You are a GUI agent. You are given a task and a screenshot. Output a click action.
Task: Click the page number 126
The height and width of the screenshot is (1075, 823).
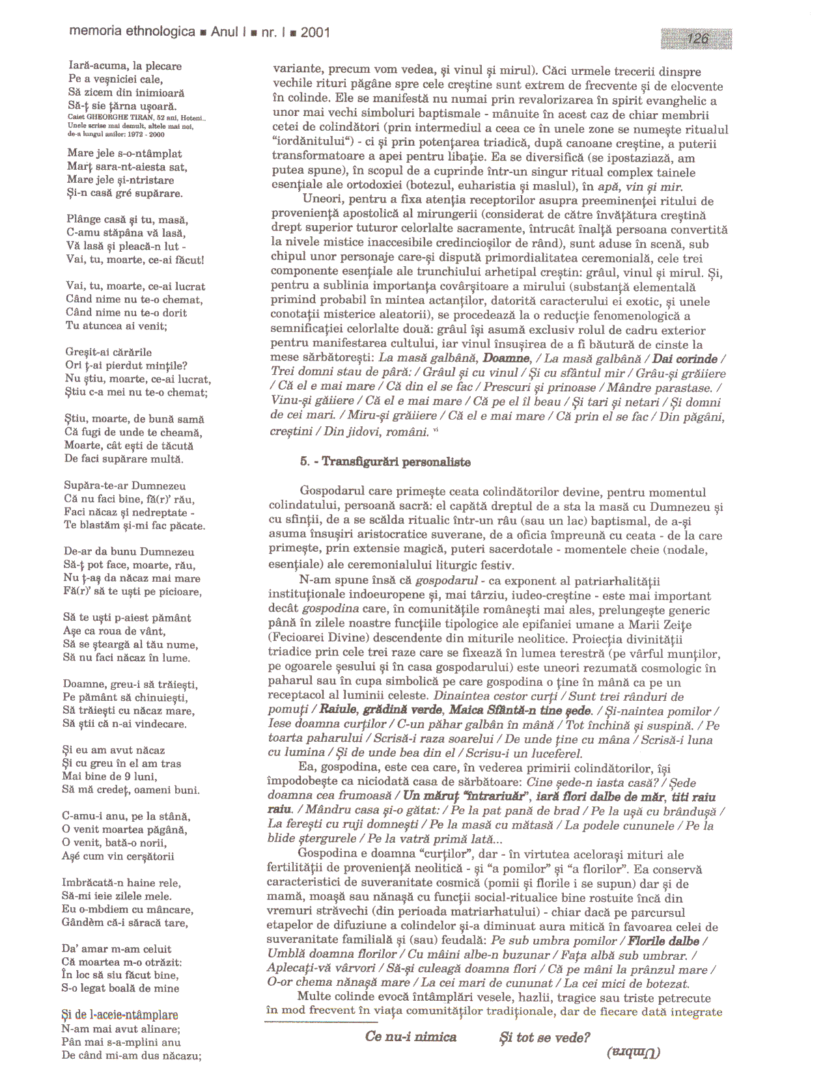point(697,39)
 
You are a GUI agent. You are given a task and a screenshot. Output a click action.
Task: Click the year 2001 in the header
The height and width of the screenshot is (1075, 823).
point(315,32)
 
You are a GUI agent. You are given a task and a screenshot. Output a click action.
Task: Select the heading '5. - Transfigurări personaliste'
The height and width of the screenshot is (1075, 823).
point(385,462)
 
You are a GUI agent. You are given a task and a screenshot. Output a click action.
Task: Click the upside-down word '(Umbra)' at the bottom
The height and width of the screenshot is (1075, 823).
point(633,1052)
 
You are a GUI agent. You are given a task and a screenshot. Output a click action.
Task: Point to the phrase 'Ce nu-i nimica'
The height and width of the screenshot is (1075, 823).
point(411,1037)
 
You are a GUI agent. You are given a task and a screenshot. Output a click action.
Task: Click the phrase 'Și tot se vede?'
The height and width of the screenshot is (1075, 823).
point(544,1037)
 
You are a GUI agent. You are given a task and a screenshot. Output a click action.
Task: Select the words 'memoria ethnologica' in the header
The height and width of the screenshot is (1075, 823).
point(132,31)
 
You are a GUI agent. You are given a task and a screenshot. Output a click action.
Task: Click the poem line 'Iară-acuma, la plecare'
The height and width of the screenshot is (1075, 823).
point(125,66)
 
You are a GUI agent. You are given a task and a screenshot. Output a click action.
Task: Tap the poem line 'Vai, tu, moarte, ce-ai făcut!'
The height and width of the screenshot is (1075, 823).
point(135,260)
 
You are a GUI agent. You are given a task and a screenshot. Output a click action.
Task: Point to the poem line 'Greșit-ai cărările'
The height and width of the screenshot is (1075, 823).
point(109,352)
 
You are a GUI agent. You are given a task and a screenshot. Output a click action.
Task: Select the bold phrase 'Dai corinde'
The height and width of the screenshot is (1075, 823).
point(685,359)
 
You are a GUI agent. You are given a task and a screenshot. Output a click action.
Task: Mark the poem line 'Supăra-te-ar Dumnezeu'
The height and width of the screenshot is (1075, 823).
point(125,485)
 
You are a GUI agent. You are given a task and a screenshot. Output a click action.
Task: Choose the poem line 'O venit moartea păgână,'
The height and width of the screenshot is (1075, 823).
point(124,829)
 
